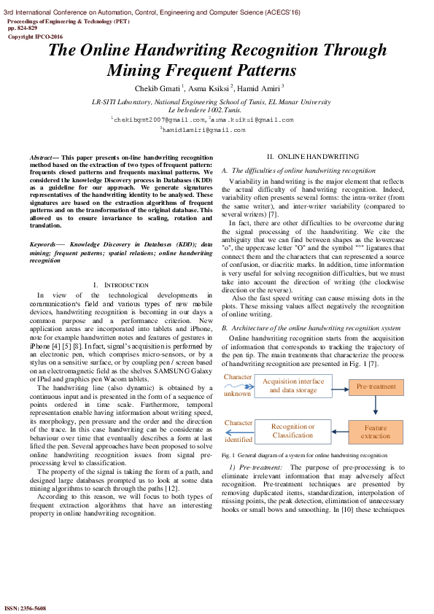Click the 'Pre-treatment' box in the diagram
pos(376,386)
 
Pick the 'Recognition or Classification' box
pos(292,431)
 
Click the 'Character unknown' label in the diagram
pos(238,385)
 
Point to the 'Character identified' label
pos(239,431)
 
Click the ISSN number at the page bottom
pos(26,607)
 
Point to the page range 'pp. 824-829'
pos(23,28)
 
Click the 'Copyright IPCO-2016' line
pos(35,36)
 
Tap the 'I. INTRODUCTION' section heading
pos(120,284)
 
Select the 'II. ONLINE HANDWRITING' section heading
pos(312,157)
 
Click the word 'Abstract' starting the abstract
pos(43,158)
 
